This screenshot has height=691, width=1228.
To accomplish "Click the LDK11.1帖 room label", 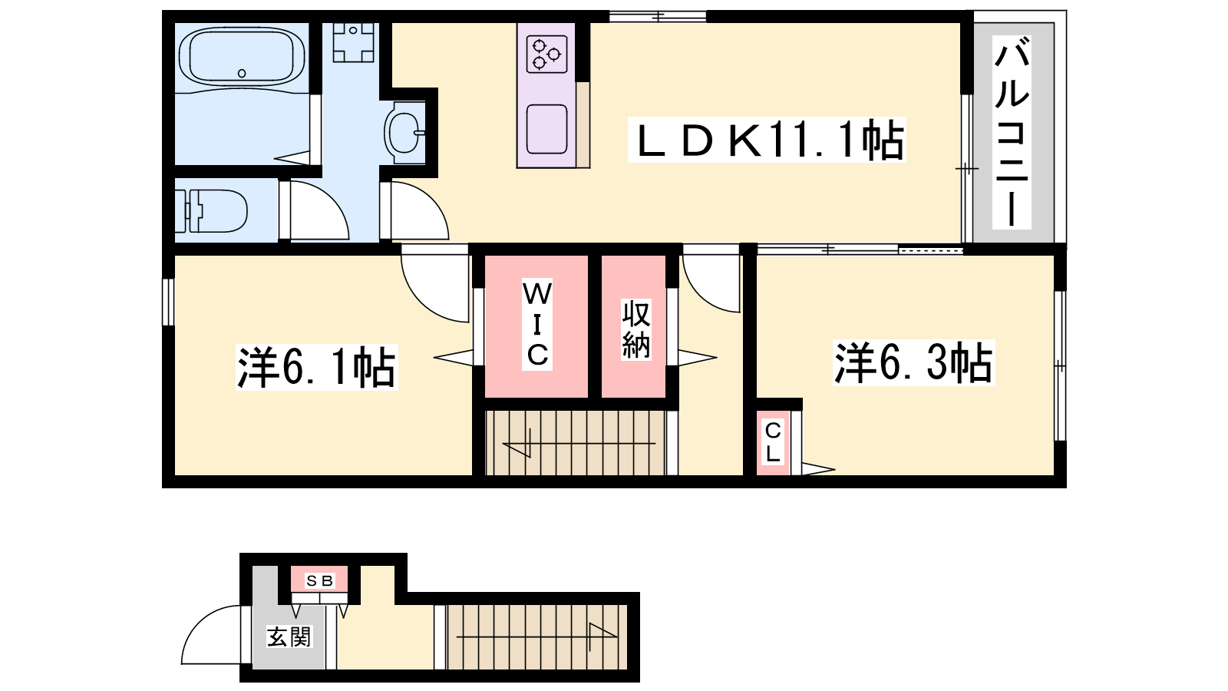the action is [x=767, y=140].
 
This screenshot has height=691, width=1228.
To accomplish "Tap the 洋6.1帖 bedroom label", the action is [x=316, y=368].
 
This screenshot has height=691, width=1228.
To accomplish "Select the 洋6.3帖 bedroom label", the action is [x=913, y=363].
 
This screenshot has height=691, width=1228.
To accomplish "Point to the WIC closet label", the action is [x=536, y=324].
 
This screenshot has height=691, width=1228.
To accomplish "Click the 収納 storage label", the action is [x=636, y=329].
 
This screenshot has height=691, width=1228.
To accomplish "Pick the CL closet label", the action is [x=773, y=442].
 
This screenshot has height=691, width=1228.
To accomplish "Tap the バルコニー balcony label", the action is [x=1012, y=132].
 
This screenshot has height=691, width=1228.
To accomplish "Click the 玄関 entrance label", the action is [x=289, y=636].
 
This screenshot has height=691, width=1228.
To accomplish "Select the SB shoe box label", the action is [x=319, y=580].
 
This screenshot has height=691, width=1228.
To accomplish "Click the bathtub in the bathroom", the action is [x=242, y=57].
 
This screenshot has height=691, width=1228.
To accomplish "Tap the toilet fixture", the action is [x=211, y=211].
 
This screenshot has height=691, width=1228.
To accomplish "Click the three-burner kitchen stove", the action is [x=546, y=54].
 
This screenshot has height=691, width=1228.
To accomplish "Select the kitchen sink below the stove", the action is [x=546, y=130].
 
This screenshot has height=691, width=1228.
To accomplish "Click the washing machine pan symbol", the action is [x=353, y=41].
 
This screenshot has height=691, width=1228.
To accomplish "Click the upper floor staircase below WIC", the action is [x=576, y=442].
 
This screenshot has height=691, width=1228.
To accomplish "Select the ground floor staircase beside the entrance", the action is [x=536, y=636].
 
